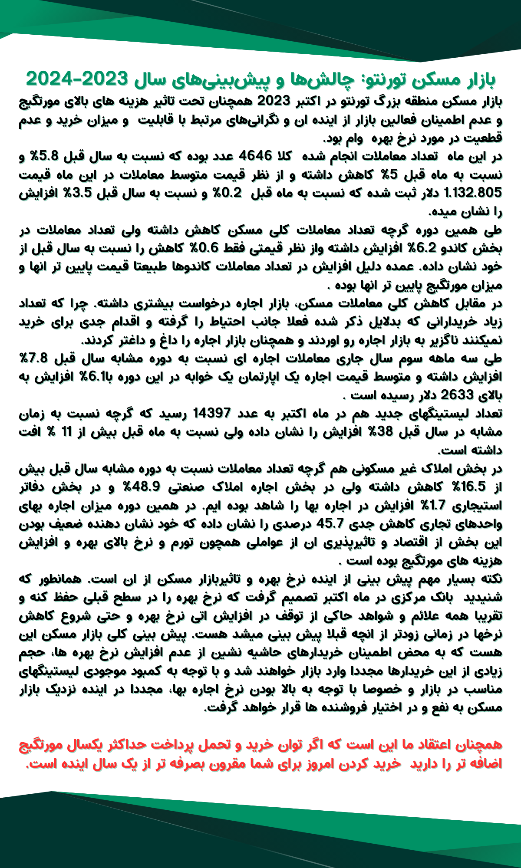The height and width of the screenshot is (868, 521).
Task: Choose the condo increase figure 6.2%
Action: pos(423,248)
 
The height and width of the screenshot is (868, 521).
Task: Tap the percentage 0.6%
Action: pos(203,248)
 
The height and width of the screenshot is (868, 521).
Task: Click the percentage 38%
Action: pos(380,432)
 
